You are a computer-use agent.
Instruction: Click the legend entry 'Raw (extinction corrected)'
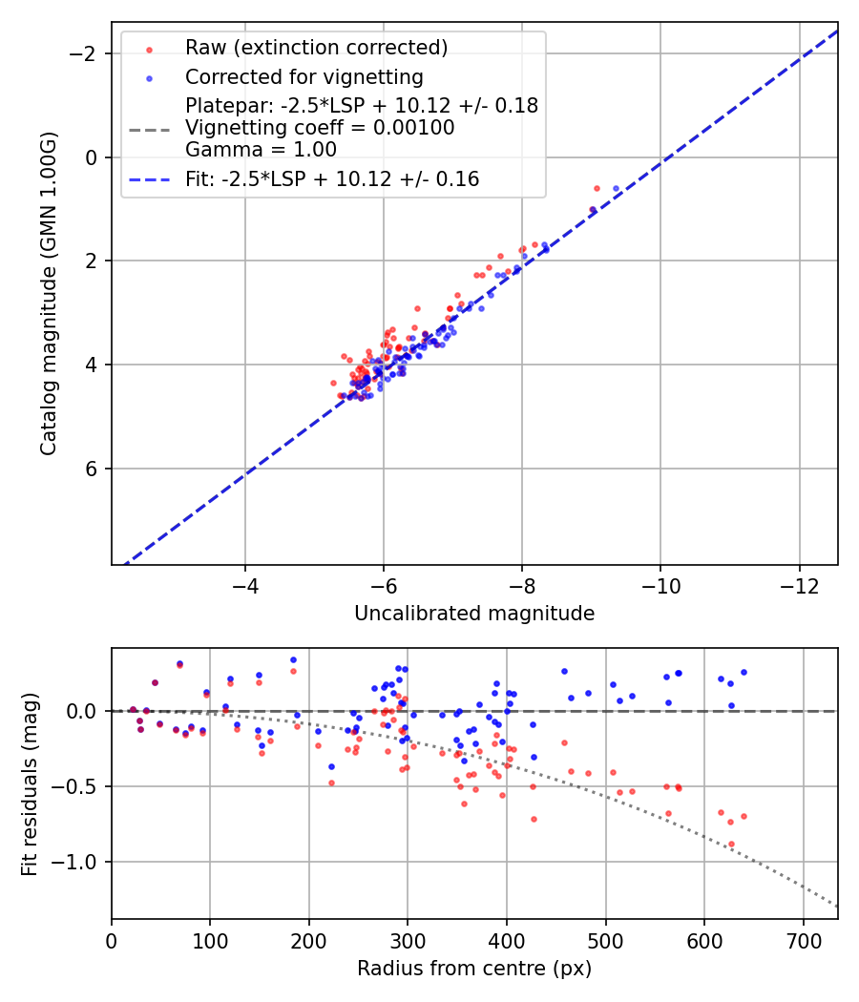(316, 48)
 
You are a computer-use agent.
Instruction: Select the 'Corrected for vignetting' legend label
(304, 76)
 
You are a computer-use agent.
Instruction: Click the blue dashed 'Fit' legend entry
(332, 178)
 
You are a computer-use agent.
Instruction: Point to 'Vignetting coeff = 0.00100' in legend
(320, 128)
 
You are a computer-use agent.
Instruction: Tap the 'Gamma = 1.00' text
(261, 150)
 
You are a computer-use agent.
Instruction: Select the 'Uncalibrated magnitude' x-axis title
(474, 614)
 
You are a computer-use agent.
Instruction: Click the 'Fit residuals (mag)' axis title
(30, 784)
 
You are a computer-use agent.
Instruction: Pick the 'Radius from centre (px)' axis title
(474, 969)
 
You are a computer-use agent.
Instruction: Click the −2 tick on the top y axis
(88, 53)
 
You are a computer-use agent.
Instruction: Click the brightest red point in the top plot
(597, 188)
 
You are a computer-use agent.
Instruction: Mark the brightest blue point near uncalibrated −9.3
(616, 188)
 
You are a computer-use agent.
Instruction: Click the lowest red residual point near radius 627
(731, 845)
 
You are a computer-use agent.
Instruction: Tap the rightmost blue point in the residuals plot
(744, 672)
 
